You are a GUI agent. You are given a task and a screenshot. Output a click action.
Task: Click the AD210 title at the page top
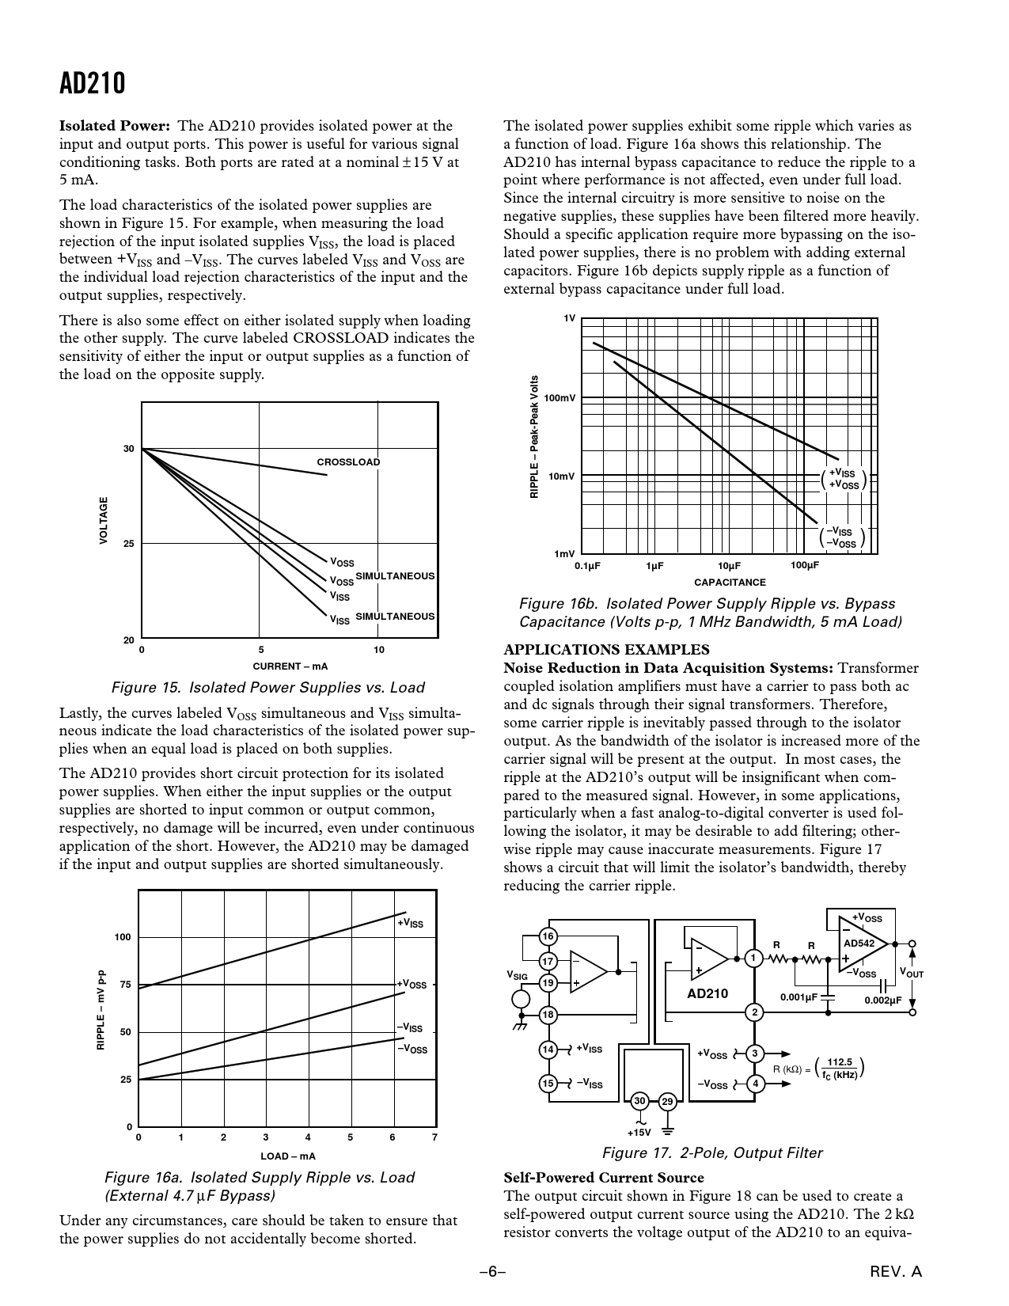pos(92,84)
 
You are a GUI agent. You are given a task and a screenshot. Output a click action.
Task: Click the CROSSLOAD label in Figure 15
pos(348,462)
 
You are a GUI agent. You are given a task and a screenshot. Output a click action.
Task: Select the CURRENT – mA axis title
pos(290,666)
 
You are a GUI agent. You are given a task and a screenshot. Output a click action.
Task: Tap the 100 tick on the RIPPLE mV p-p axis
pos(123,937)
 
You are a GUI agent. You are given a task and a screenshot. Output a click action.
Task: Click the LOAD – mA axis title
pos(288,1156)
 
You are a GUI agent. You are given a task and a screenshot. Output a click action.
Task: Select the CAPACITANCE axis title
pos(730,583)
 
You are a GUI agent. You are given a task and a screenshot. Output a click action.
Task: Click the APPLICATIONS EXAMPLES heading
pos(606,650)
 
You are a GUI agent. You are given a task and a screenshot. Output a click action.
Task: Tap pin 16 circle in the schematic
pos(547,937)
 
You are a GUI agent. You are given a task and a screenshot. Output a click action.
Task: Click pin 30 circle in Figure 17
pos(639,1101)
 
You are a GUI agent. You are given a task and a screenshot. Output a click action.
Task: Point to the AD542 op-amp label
pos(859,943)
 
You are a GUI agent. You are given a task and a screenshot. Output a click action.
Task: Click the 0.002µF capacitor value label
pos(883,1000)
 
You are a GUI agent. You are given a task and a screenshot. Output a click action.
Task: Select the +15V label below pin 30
pos(639,1133)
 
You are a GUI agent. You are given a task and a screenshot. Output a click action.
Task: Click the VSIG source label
pos(517,977)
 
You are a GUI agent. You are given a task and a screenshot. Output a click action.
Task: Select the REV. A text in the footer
pos(896,1272)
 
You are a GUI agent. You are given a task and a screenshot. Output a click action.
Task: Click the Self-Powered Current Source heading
pos(604,1177)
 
